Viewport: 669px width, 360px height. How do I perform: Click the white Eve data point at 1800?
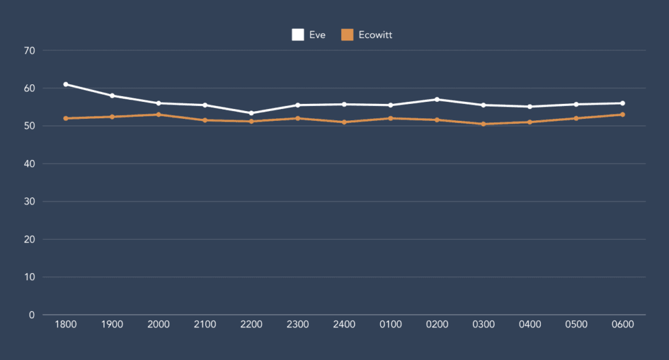(66, 84)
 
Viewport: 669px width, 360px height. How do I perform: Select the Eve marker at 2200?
(252, 113)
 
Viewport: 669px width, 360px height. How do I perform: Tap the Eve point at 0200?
(437, 99)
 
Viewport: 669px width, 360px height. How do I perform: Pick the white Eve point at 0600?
(623, 103)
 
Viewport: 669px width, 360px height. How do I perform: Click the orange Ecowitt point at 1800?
(66, 118)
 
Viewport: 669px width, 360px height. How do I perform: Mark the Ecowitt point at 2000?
(159, 114)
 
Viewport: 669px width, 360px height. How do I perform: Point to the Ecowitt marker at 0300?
(483, 124)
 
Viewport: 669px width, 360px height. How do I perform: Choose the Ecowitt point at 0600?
(623, 114)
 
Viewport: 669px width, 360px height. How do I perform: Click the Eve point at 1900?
(112, 95)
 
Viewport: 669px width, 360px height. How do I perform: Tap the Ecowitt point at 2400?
(344, 122)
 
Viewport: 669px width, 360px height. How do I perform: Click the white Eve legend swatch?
(298, 35)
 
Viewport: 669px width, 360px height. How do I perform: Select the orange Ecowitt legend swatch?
(348, 35)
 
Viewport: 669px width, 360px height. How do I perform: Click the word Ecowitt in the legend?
(376, 35)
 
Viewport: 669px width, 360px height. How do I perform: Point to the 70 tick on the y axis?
(29, 50)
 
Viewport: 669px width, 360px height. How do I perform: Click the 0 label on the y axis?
(31, 315)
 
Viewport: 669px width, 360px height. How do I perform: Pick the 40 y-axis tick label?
(29, 164)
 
